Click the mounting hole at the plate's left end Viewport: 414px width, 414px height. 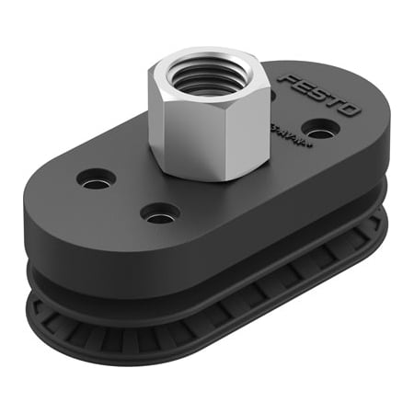[x=97, y=178]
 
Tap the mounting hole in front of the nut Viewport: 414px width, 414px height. [x=159, y=213]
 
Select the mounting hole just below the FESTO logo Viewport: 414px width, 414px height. [x=318, y=128]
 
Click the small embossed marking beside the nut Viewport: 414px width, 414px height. [x=279, y=132]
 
